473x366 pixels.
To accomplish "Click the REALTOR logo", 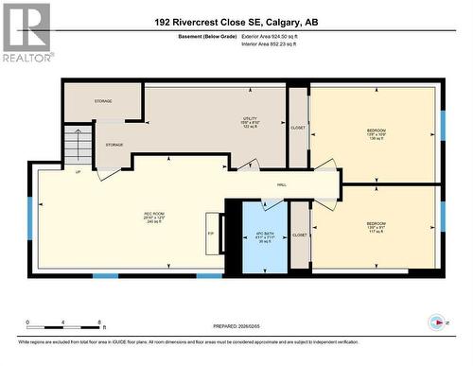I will (26, 32).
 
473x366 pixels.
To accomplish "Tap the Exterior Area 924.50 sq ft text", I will (276, 36).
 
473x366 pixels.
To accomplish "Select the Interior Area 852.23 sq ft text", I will (275, 44).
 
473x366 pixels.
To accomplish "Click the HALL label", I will (282, 184).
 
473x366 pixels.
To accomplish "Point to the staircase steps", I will (79, 146).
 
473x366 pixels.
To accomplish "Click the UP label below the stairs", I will (77, 171).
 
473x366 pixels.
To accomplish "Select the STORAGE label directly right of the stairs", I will (114, 145).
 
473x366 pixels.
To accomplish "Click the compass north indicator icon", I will (437, 321).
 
